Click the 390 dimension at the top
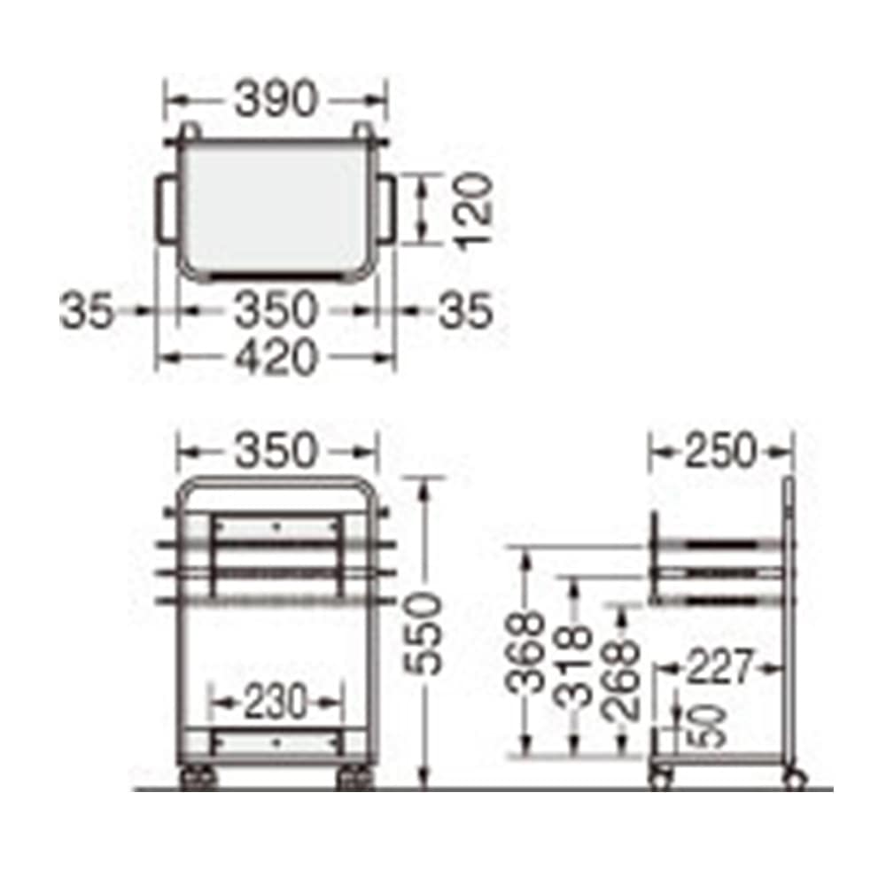276,99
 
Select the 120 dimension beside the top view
473,210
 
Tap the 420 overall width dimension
276,356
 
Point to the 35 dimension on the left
86,310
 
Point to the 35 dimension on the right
466,310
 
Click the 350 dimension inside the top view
276,310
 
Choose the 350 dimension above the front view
276,450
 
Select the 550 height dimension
424,633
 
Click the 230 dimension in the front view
276,702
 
